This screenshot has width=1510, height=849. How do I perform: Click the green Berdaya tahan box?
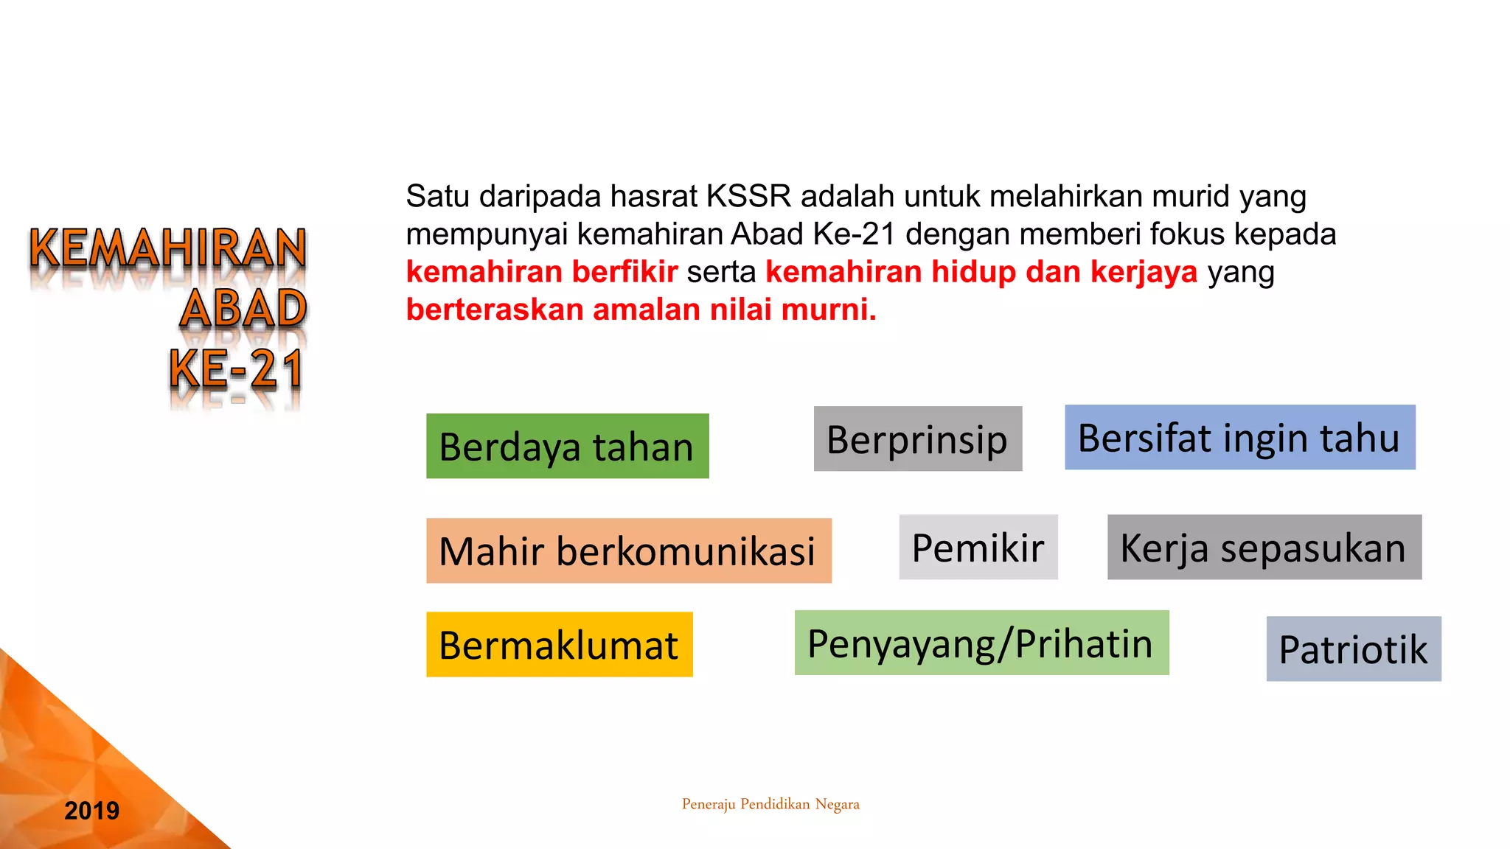(567, 446)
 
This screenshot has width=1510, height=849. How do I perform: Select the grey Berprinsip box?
(917, 439)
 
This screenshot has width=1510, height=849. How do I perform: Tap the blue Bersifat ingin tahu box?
(1239, 437)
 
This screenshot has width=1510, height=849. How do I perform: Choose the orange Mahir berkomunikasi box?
(628, 551)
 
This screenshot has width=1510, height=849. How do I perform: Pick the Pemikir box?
(978, 547)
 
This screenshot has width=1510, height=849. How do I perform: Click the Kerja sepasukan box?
(1264, 547)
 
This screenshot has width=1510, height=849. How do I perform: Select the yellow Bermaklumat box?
(559, 644)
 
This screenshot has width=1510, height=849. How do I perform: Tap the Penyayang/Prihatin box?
(981, 643)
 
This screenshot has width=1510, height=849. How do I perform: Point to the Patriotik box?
(1353, 649)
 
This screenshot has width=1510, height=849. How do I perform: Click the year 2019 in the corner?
(91, 811)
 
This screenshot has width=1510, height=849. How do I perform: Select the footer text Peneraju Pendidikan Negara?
(770, 804)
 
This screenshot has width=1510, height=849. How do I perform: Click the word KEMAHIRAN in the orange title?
(168, 248)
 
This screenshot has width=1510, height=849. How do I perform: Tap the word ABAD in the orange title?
(243, 308)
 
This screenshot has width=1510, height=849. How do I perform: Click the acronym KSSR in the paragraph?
(748, 196)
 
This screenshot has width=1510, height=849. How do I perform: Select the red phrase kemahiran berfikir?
(542, 272)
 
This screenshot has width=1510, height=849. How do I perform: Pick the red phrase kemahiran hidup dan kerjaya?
(981, 272)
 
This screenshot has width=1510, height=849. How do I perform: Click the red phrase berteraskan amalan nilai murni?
(641, 310)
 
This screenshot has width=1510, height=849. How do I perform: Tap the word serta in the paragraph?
(721, 272)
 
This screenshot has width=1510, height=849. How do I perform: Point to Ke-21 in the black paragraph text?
(854, 234)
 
